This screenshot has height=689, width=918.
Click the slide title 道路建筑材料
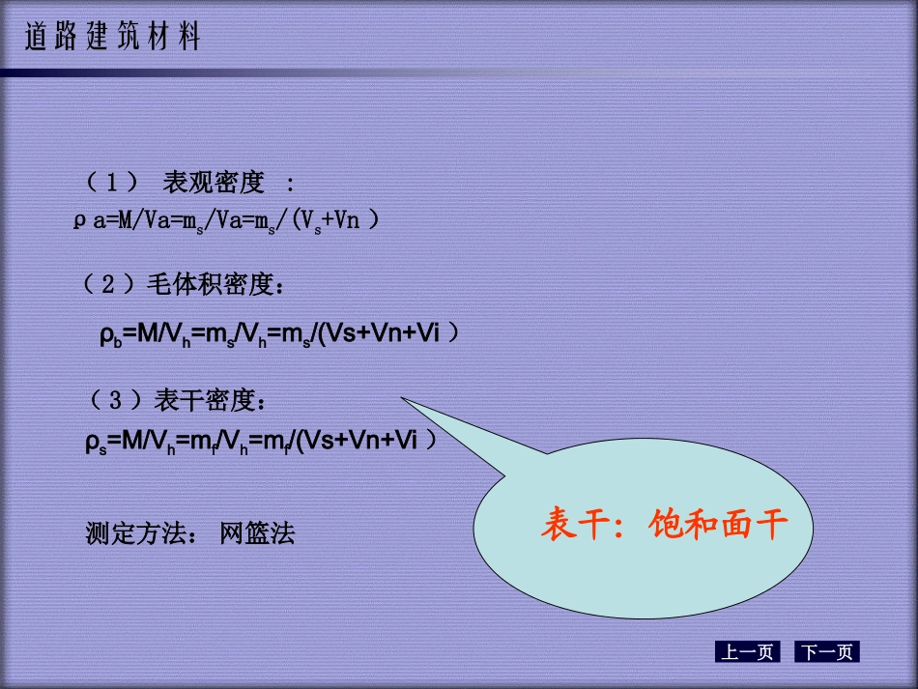click(112, 39)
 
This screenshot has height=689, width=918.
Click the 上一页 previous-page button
click(747, 652)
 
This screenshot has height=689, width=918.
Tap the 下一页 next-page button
click(827, 652)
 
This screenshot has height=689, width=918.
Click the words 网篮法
click(257, 532)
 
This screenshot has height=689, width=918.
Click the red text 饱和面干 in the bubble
click(720, 526)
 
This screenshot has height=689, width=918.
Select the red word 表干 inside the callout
click(578, 526)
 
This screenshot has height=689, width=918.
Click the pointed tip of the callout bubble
click(404, 399)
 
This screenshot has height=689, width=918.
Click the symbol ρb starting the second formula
click(108, 335)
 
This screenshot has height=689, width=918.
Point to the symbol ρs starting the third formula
click(96, 443)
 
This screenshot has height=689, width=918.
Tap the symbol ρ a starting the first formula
click(90, 221)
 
